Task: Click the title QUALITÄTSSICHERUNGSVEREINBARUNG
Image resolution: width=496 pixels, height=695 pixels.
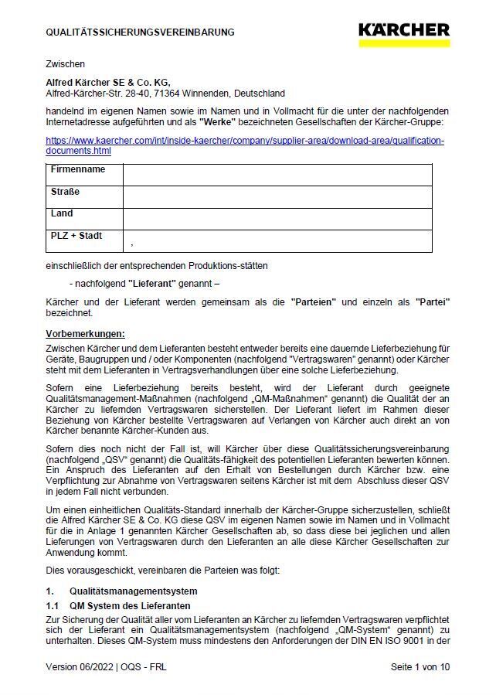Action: (x=140, y=32)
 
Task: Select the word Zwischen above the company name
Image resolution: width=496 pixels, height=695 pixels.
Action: (x=65, y=64)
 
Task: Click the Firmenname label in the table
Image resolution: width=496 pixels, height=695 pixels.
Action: (x=77, y=169)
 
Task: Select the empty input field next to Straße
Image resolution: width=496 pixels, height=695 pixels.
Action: (x=277, y=197)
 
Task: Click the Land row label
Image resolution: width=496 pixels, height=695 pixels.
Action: (x=62, y=213)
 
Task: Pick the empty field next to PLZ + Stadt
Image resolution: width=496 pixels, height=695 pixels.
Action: (x=277, y=241)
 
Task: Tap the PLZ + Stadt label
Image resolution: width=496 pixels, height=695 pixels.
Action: (x=76, y=236)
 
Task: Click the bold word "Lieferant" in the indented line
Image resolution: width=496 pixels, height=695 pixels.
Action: (x=152, y=283)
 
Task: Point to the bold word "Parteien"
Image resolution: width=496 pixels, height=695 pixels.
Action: (x=313, y=302)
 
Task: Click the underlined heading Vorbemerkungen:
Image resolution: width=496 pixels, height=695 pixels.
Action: (x=85, y=334)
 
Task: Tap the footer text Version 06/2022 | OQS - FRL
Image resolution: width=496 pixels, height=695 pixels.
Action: (x=106, y=666)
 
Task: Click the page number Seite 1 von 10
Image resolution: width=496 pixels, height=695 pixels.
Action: (x=420, y=666)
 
